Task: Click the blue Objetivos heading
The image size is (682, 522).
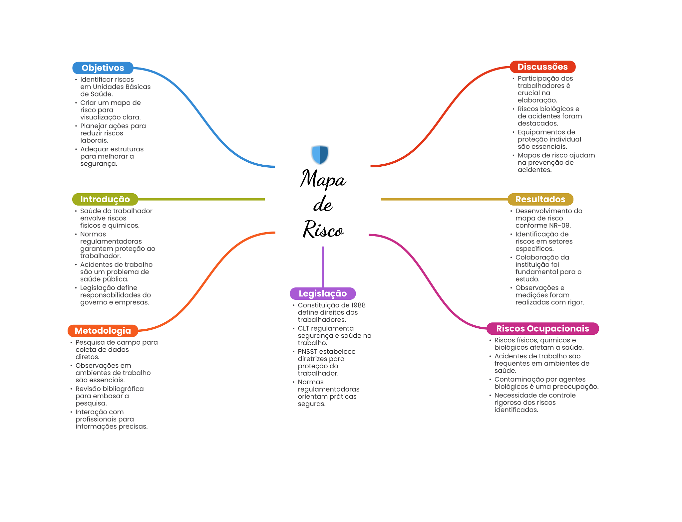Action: point(103,68)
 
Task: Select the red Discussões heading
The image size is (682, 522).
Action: point(542,67)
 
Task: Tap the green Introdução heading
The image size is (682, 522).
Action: point(105,199)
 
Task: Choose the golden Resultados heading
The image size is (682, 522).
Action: point(540,199)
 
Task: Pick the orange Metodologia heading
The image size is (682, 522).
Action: point(103,331)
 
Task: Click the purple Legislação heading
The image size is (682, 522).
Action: point(323,293)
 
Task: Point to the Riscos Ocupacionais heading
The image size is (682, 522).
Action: point(542,328)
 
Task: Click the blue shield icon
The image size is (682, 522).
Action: point(320,155)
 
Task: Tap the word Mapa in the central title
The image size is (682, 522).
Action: point(323,179)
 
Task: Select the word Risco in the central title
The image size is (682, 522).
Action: point(323,229)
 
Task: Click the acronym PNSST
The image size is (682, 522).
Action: point(308,352)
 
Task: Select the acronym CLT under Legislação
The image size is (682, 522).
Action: point(303,328)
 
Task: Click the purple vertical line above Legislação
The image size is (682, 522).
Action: point(323,267)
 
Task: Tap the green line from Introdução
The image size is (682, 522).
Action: point(201,199)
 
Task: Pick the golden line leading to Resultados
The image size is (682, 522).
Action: point(444,199)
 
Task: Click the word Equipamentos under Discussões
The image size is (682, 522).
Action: point(542,132)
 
